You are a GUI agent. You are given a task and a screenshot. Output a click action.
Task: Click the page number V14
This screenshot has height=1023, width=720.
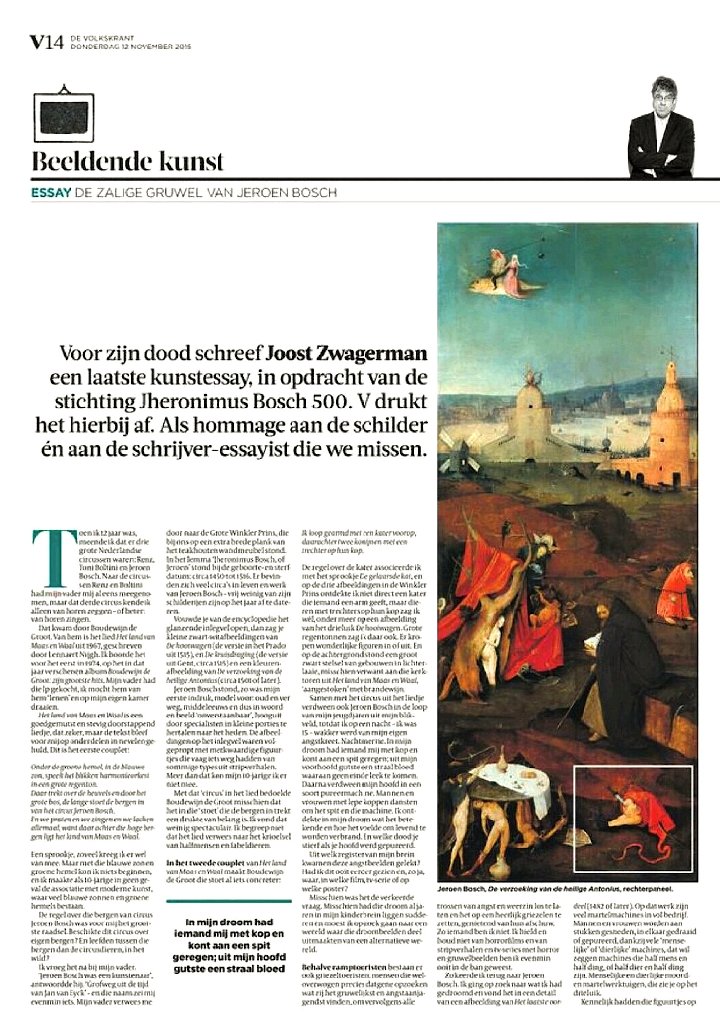click(47, 43)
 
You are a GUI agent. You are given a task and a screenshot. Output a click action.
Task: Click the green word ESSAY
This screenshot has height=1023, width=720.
click(51, 193)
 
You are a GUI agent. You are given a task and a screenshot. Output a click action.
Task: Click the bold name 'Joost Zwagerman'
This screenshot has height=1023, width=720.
click(347, 354)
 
